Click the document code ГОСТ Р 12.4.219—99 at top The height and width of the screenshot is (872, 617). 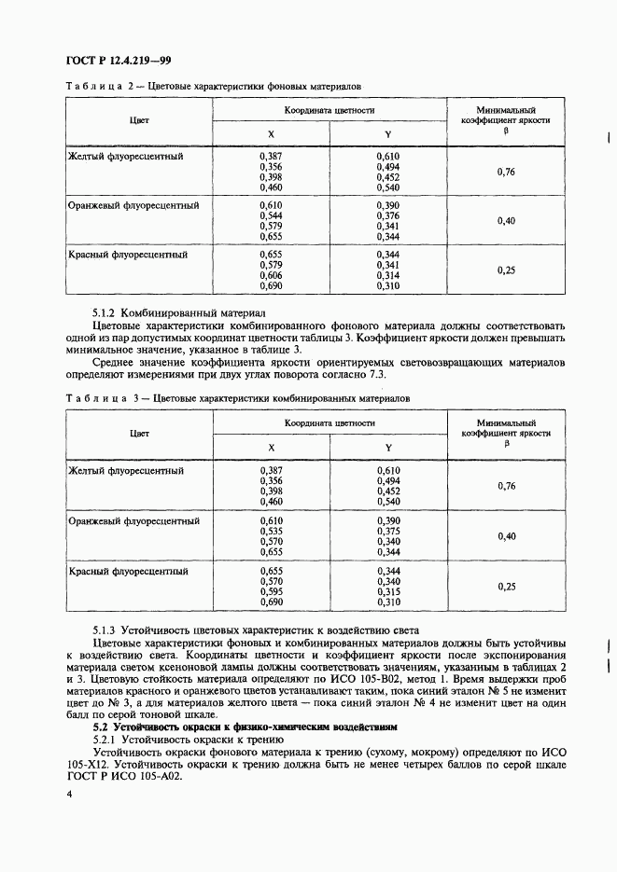coord(116,62)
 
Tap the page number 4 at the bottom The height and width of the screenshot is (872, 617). coord(69,795)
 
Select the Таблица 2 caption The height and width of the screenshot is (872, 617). coord(213,86)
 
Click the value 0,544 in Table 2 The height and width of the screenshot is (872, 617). coord(270,215)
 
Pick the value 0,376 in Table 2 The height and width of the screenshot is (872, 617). coord(388,215)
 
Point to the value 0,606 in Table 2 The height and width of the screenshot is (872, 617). coord(270,276)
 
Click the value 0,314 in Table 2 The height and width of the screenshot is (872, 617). coord(388,276)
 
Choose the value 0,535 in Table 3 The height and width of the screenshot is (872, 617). coord(270,531)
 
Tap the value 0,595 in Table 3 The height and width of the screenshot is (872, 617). coord(270,591)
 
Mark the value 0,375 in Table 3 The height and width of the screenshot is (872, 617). coord(388,531)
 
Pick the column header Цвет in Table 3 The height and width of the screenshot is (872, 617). coord(140,434)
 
